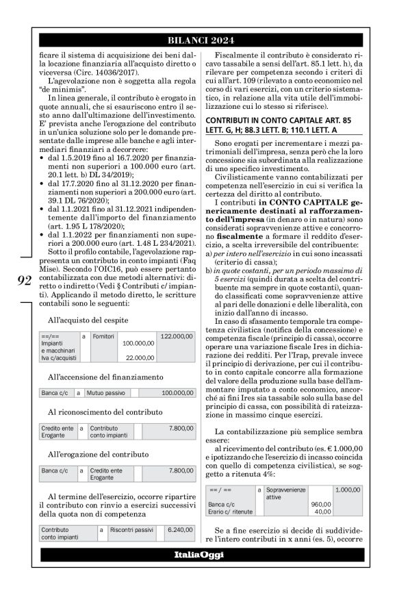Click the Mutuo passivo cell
[x=109, y=394]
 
